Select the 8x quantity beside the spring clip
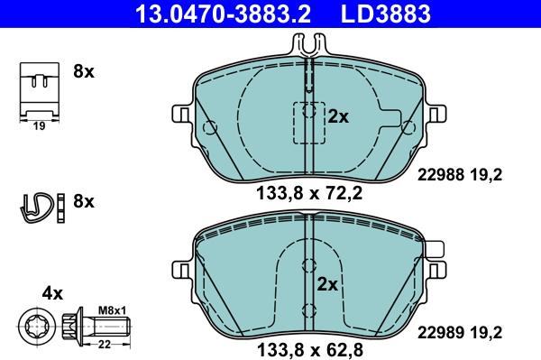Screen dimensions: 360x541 tap(83, 201)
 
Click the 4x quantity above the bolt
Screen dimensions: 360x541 tap(52, 293)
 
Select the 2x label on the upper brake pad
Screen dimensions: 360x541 tap(338, 116)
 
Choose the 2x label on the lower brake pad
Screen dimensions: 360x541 tap(327, 284)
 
